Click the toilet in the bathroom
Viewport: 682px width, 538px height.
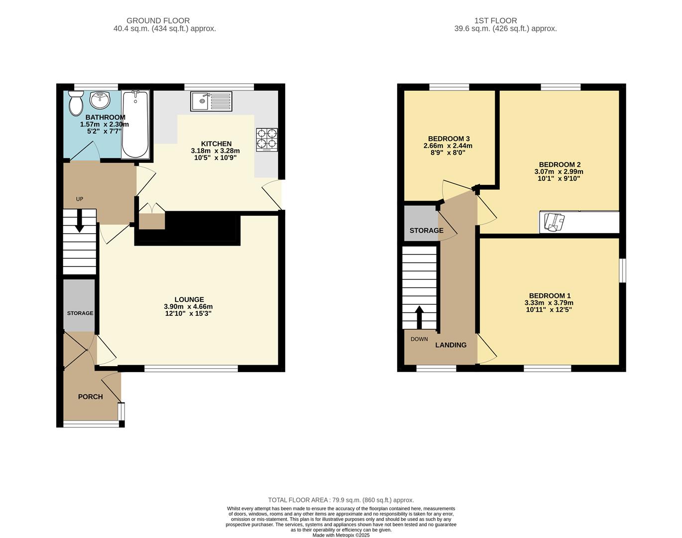[76, 103]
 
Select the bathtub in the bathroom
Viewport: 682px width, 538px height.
[135, 124]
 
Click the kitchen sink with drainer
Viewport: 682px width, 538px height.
[211, 102]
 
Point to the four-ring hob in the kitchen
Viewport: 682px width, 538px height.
[267, 139]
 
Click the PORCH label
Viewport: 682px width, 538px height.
[91, 397]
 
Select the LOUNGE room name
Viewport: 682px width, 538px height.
[189, 299]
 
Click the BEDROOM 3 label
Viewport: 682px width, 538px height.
[449, 138]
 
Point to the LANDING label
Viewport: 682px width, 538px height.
[451, 345]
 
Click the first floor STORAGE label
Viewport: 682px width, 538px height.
[426, 230]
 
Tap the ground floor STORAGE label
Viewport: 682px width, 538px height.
[80, 313]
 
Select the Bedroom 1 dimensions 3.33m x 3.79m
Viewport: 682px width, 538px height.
[549, 302]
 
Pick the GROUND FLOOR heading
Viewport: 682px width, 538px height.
[158, 20]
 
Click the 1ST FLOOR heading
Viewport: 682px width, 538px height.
[495, 20]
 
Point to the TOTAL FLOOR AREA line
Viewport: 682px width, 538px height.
[341, 500]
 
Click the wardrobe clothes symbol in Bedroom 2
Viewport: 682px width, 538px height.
[554, 222]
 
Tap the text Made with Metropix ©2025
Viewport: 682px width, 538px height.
[341, 535]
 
